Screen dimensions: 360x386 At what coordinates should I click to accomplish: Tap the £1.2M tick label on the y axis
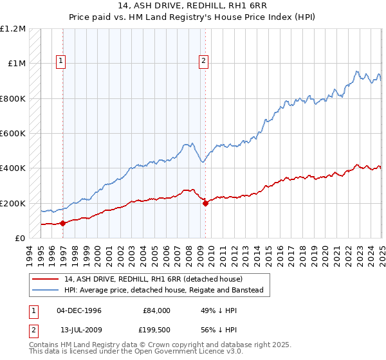[x=13, y=29]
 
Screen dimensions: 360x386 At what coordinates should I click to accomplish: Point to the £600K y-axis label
[x=13, y=134]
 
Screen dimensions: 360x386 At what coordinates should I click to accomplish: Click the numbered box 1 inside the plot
[x=60, y=62]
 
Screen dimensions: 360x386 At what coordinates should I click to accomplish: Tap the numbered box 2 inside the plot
[x=203, y=62]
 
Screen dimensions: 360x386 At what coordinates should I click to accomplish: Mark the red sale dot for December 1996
[x=63, y=224]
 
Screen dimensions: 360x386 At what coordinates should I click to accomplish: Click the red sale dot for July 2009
[x=205, y=203]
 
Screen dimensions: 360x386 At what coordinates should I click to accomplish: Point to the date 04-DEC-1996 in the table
[x=79, y=310]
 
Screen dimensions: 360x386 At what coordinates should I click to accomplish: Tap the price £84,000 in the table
[x=156, y=310]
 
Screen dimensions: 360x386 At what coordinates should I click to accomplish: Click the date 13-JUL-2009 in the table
[x=79, y=329]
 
